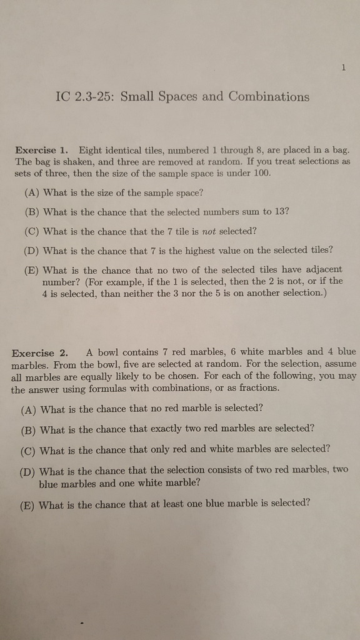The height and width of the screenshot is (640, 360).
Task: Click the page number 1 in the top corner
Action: pos(344,68)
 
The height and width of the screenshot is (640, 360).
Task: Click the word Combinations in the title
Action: pos(269,96)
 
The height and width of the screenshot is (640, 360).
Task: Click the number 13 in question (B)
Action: pos(282,211)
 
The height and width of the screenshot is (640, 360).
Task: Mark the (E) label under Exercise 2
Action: pos(27,505)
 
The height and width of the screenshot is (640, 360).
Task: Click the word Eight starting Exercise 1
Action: pos(91,150)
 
